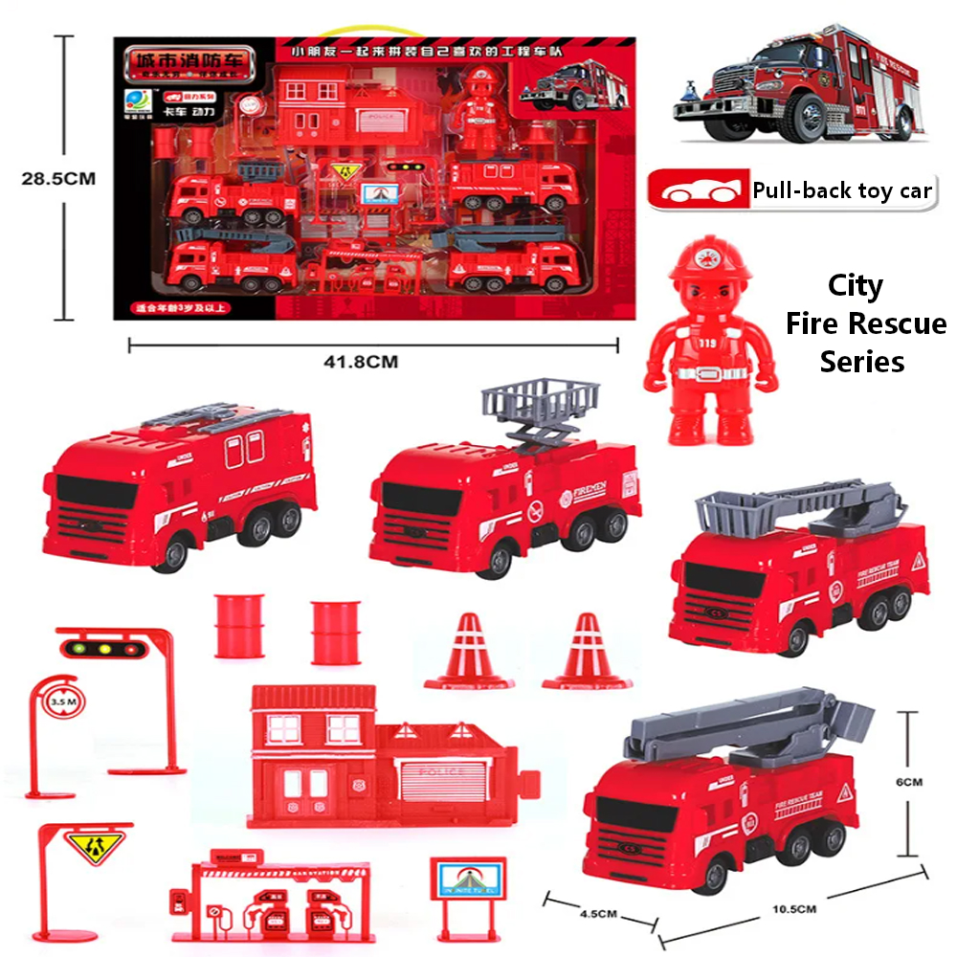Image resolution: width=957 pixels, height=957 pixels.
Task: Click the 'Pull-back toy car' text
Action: click(841, 190)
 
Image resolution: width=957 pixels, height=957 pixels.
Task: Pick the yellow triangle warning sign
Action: click(85, 847)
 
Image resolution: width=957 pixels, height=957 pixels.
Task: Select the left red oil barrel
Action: click(238, 626)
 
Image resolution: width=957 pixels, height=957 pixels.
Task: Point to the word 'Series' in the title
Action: click(861, 362)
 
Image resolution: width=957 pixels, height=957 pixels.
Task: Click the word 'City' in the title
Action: click(855, 286)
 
